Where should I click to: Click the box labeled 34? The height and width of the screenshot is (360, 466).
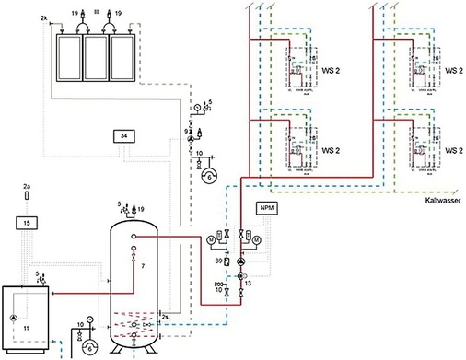click(122, 137)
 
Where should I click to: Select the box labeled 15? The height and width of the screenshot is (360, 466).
click(28, 224)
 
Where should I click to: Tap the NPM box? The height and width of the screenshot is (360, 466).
click(267, 209)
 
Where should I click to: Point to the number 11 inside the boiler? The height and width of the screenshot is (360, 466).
click(27, 327)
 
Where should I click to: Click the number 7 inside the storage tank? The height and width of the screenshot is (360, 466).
click(144, 266)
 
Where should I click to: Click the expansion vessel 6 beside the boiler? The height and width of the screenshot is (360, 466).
click(90, 346)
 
